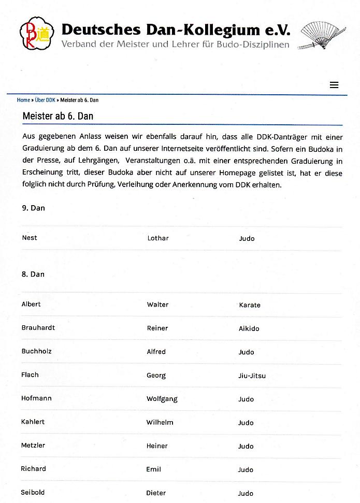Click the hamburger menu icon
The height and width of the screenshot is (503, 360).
tap(334, 85)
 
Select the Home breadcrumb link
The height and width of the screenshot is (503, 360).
tap(23, 100)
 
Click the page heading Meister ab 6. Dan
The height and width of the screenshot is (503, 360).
tap(58, 116)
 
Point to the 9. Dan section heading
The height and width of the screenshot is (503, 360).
tap(33, 208)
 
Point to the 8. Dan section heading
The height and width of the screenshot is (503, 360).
tap(33, 274)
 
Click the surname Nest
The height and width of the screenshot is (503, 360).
tap(30, 238)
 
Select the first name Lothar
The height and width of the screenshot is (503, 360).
tap(158, 238)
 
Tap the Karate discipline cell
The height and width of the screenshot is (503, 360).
tap(250, 305)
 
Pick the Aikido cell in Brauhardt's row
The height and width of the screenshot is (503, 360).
tap(249, 328)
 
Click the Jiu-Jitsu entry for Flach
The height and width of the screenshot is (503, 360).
tap(252, 376)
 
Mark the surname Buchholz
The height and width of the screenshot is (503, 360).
tap(36, 351)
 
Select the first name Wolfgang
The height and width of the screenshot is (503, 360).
tap(162, 399)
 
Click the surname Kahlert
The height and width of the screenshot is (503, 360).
tap(33, 422)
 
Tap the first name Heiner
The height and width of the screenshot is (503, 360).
tap(157, 446)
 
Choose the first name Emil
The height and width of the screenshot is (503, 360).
tap(154, 469)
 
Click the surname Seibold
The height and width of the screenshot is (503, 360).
tap(33, 492)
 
